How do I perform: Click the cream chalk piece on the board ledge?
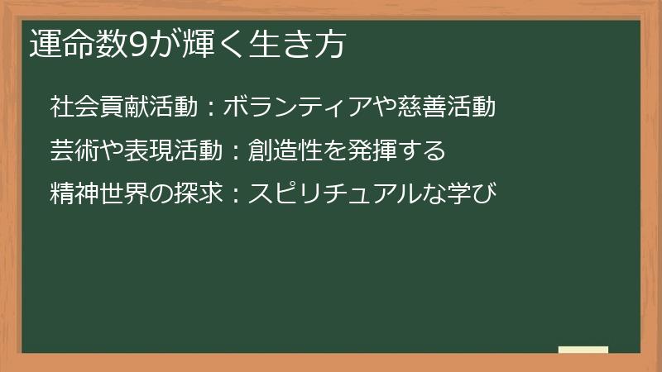[x=583, y=350]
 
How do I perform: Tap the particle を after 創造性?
[x=309, y=151]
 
